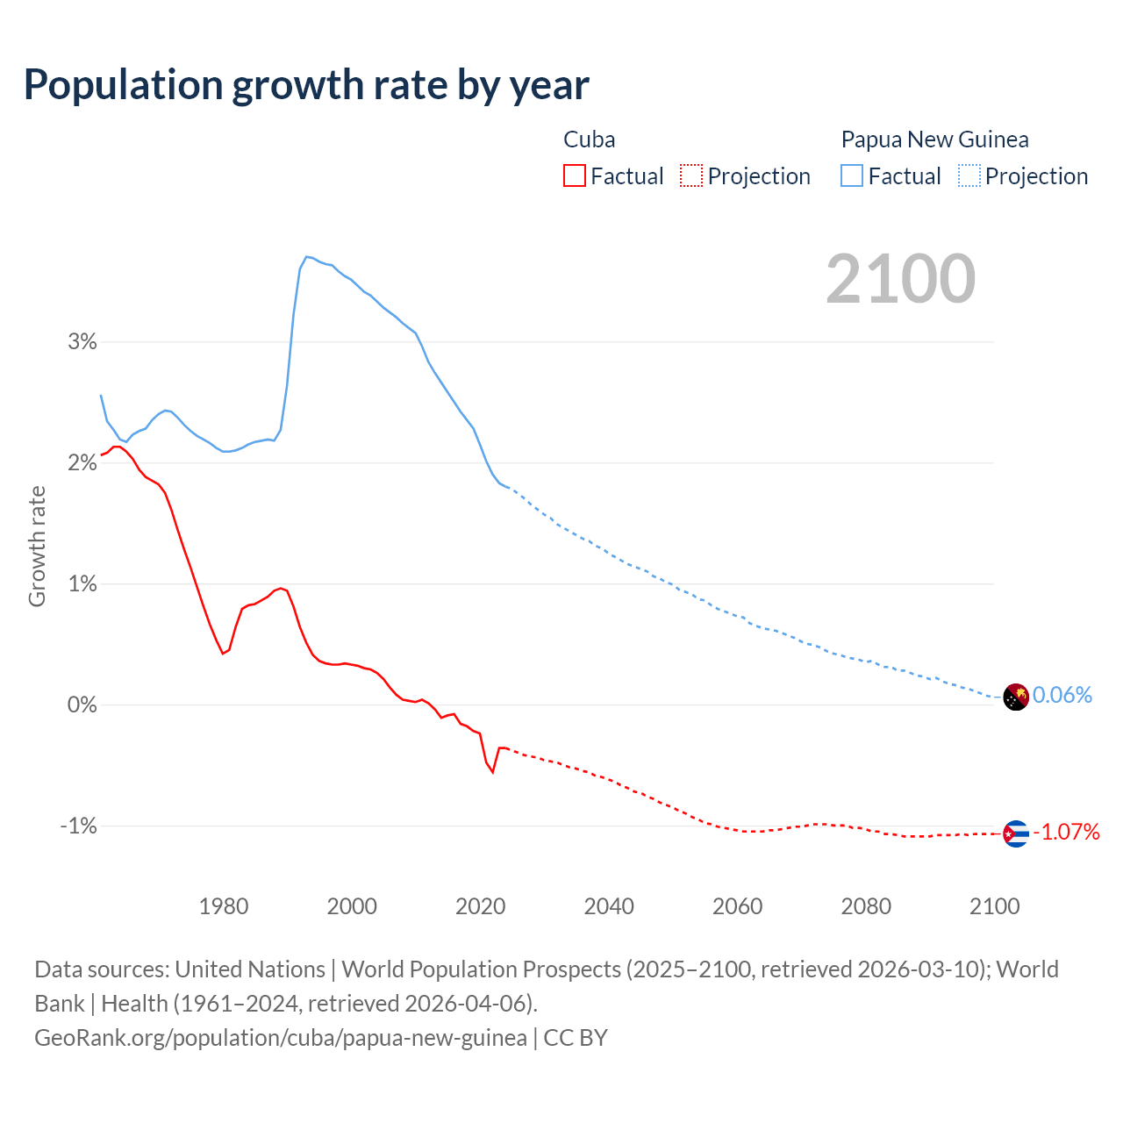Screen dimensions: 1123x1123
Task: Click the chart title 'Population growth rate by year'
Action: (x=306, y=85)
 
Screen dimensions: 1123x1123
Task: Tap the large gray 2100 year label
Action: (x=900, y=279)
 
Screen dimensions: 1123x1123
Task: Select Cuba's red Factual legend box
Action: (x=574, y=175)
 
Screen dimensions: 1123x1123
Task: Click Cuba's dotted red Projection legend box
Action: (x=691, y=175)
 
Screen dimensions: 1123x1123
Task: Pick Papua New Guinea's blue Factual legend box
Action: (x=851, y=175)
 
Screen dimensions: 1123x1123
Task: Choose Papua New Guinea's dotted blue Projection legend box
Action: (x=969, y=175)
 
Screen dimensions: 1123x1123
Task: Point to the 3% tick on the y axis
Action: (x=82, y=341)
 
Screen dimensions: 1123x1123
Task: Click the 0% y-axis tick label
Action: (x=82, y=705)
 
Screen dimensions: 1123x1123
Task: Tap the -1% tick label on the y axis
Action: (x=78, y=826)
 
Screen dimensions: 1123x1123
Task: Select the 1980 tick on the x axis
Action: (x=224, y=906)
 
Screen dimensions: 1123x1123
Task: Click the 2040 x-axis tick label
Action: (x=609, y=906)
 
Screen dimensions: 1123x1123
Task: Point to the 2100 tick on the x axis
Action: (x=994, y=906)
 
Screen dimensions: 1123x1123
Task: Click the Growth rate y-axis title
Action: (x=37, y=546)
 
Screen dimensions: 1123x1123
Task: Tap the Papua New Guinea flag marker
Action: (x=1015, y=697)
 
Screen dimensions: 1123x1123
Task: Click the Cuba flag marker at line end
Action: (x=1015, y=833)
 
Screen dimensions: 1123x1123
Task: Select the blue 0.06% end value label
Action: (x=1062, y=695)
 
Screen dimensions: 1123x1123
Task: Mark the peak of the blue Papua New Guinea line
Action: (x=307, y=256)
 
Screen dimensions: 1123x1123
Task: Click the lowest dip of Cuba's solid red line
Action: (x=493, y=772)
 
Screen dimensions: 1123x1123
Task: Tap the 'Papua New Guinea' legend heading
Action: (x=934, y=139)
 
